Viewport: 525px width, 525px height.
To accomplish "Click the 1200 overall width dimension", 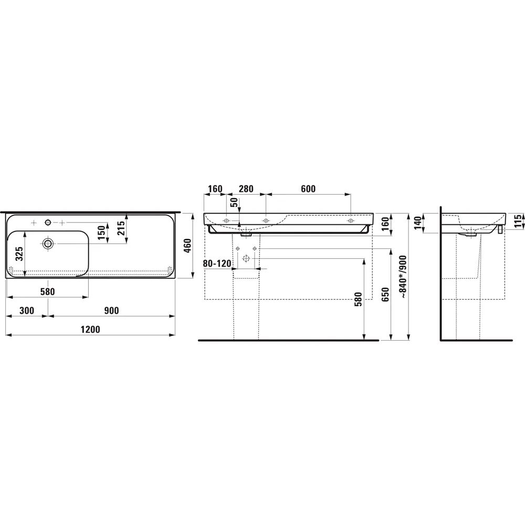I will [90, 329].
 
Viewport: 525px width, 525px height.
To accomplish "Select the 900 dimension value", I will [111, 311].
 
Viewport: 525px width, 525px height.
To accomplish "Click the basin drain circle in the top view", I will [48, 243].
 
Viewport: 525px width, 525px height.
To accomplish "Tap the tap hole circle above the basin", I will [48, 223].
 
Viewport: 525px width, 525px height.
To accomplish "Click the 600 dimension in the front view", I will [309, 189].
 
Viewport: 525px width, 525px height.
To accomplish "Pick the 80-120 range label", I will [217, 263].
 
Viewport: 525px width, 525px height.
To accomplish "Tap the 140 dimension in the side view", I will [418, 223].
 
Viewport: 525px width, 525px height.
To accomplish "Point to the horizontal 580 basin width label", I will [47, 291].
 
